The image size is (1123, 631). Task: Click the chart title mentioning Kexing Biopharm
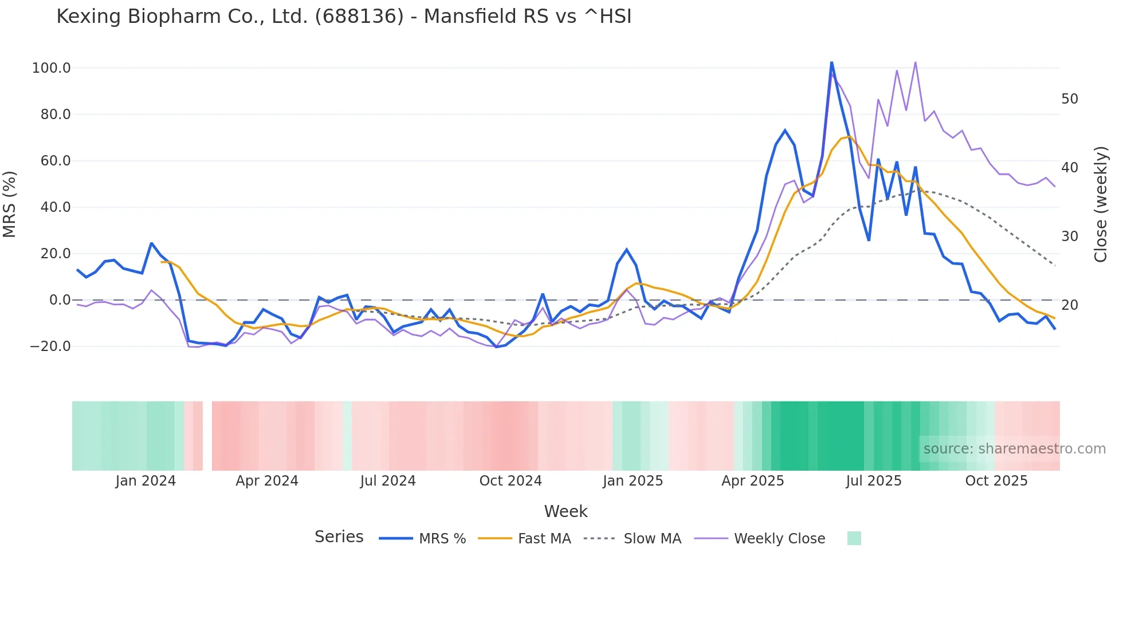(x=344, y=17)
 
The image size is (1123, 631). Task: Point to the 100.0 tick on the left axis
(x=51, y=68)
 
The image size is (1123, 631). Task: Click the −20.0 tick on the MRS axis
(x=50, y=346)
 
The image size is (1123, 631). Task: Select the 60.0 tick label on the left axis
(x=55, y=161)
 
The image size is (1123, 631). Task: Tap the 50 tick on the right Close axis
(x=1069, y=99)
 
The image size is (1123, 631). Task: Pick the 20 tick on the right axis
(x=1069, y=305)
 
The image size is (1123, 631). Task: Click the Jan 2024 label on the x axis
(x=146, y=481)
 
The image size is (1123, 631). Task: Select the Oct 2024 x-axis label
(x=511, y=481)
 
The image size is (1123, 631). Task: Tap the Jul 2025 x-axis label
(x=874, y=481)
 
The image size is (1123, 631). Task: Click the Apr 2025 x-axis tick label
(x=752, y=481)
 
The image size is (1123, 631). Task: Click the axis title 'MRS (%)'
(x=10, y=204)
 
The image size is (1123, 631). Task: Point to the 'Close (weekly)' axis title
(x=1101, y=204)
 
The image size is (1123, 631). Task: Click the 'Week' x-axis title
(x=566, y=511)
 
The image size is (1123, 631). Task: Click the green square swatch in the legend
(x=854, y=538)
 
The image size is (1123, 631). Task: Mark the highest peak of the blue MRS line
(x=831, y=62)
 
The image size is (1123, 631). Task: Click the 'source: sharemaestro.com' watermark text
(x=1014, y=449)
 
